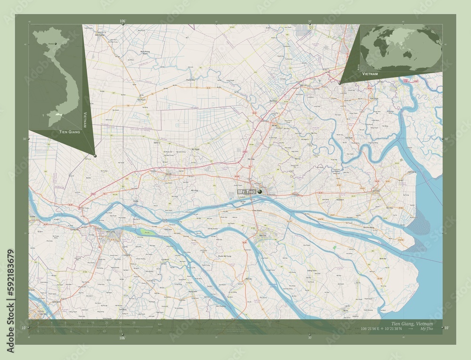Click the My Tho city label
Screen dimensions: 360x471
click(x=246, y=192)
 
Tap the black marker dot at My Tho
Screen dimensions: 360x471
click(x=260, y=192)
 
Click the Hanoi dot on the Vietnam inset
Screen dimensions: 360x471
click(x=56, y=44)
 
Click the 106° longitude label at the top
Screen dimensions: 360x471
click(x=122, y=21)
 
